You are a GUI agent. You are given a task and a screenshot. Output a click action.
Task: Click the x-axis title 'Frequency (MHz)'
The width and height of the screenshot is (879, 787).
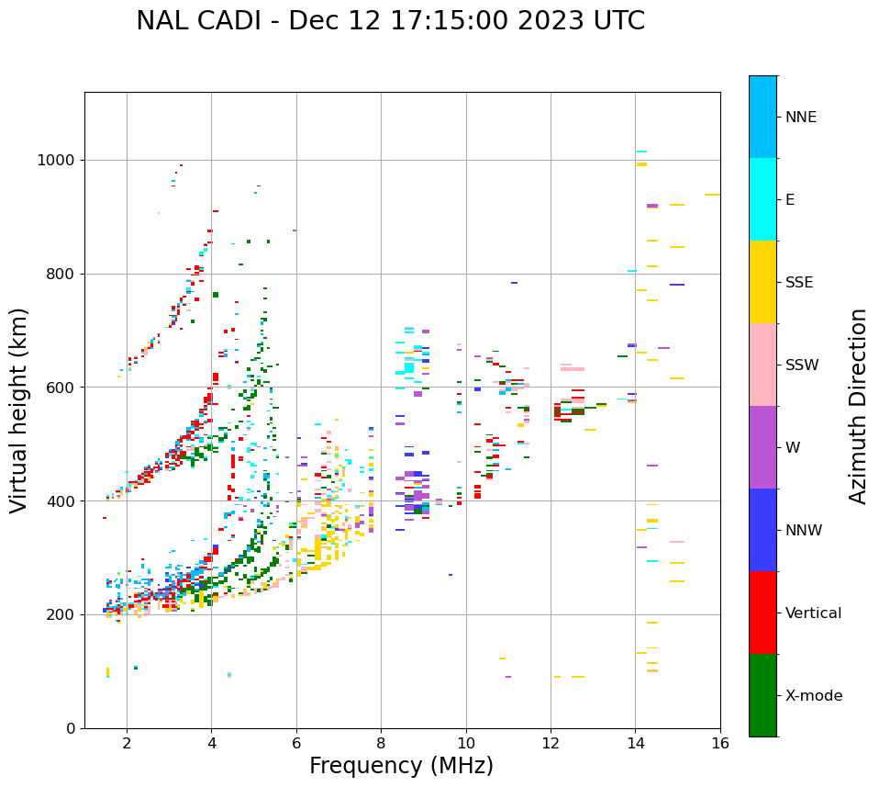pyautogui.click(x=401, y=766)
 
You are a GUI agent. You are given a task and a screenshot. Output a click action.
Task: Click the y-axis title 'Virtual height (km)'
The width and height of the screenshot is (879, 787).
pyautogui.click(x=19, y=410)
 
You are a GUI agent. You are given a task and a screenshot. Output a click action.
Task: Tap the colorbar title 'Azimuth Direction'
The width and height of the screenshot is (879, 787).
pyautogui.click(x=858, y=406)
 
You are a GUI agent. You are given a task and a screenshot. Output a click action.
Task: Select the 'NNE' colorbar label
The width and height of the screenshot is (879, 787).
pyautogui.click(x=800, y=118)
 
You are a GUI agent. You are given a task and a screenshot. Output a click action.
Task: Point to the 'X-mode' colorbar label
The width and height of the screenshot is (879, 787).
pyautogui.click(x=813, y=696)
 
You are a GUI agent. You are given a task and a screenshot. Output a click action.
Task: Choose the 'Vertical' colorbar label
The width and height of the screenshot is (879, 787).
pyautogui.click(x=813, y=613)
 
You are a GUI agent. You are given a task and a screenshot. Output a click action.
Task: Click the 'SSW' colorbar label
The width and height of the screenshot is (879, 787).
pyautogui.click(x=802, y=365)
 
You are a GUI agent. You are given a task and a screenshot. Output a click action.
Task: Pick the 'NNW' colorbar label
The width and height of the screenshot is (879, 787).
pyautogui.click(x=804, y=531)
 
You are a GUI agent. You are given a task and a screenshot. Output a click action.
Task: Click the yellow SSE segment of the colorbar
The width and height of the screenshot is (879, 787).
pyautogui.click(x=762, y=282)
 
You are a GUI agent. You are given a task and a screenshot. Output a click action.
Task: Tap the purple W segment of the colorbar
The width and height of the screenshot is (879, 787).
pyautogui.click(x=762, y=447)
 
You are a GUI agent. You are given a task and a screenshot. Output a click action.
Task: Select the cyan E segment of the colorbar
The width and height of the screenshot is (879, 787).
pyautogui.click(x=762, y=199)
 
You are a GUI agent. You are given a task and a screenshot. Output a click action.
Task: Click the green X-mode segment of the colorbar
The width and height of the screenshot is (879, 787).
pyautogui.click(x=762, y=695)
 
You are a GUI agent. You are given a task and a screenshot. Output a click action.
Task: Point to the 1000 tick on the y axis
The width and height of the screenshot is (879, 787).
pyautogui.click(x=56, y=160)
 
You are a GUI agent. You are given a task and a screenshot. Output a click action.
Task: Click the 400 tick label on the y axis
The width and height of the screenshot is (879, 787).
pyautogui.click(x=61, y=501)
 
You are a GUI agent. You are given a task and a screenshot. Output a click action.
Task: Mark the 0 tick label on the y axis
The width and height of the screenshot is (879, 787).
pyautogui.click(x=71, y=728)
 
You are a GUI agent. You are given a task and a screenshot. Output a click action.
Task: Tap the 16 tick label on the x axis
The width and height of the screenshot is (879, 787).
pyautogui.click(x=720, y=743)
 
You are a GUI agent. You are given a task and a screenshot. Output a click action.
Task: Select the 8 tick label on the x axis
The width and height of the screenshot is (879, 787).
pyautogui.click(x=381, y=743)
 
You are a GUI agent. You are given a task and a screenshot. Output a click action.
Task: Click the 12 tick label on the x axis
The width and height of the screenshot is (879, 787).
pyautogui.click(x=551, y=743)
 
